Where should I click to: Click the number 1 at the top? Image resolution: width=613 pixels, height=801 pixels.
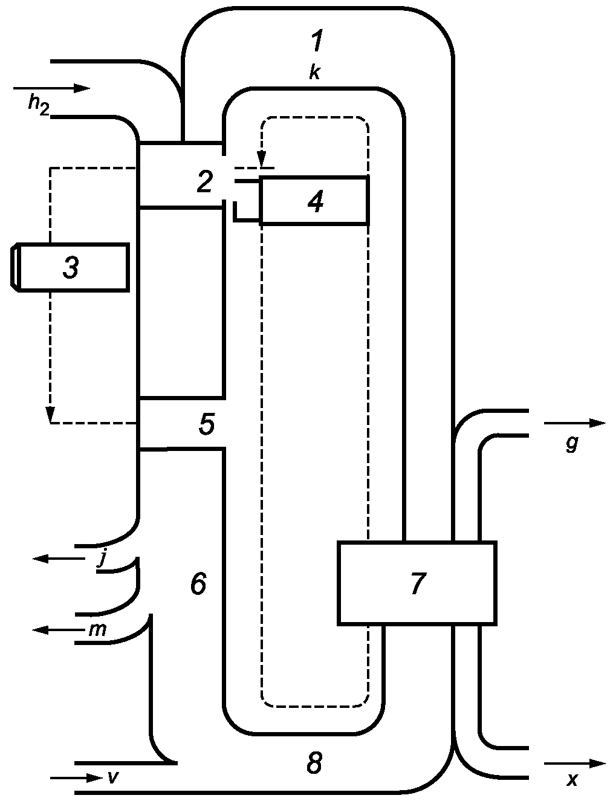(x=316, y=41)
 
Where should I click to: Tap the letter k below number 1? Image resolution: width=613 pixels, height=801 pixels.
(x=314, y=73)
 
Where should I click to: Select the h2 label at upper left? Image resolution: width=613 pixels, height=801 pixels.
(x=38, y=106)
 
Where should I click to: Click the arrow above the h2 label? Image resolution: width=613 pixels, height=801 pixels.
(x=51, y=88)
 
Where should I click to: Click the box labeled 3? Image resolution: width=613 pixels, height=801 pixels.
(x=70, y=267)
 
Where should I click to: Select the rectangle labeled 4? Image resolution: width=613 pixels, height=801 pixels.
(x=314, y=199)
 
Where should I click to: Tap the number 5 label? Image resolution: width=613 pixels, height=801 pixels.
(x=207, y=424)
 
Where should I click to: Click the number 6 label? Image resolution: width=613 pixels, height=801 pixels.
(x=198, y=583)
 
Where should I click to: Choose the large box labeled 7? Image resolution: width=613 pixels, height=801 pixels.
(x=417, y=583)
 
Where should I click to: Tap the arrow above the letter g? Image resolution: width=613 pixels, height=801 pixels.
(x=575, y=423)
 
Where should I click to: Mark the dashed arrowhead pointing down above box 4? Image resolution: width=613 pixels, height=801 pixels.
(x=261, y=160)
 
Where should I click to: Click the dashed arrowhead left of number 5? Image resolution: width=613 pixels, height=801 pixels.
(x=50, y=415)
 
